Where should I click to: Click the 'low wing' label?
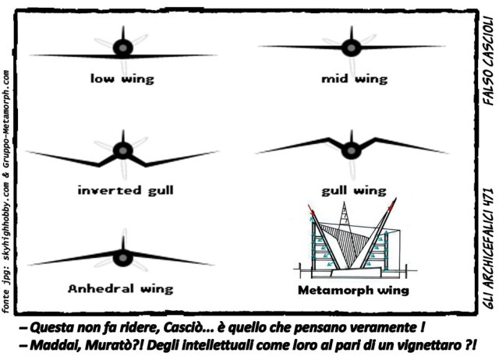click(x=122, y=78)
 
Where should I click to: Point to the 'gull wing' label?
click(x=353, y=189)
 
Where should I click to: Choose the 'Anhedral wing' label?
click(x=121, y=288)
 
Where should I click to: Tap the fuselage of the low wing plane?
click(x=122, y=48)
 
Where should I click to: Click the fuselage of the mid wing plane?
click(x=351, y=47)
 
